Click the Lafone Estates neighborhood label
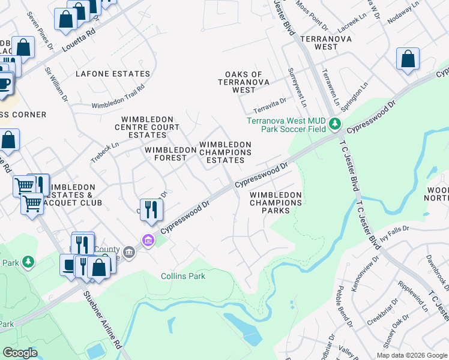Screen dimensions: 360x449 tap(113, 74)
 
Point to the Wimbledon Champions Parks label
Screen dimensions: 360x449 tap(276, 203)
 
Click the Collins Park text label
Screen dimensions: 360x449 tap(183, 276)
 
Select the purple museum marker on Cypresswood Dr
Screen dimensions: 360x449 tap(147, 241)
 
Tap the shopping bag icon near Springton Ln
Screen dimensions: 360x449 tap(408, 59)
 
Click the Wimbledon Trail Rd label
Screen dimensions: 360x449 tap(118, 97)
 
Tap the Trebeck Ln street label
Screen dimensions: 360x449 tap(105, 148)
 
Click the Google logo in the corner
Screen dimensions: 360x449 tap(20, 352)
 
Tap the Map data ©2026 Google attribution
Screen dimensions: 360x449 tap(411, 355)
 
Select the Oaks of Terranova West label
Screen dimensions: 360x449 tap(244, 82)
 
